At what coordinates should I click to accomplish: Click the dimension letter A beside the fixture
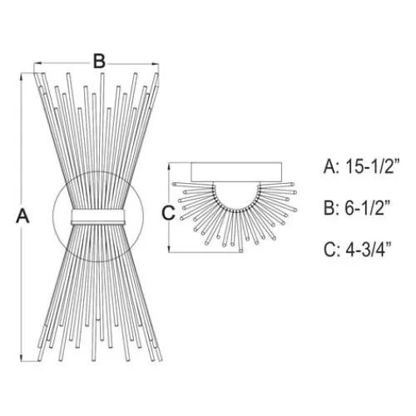[x=22, y=216]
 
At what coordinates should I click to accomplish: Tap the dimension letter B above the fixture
[x=99, y=62]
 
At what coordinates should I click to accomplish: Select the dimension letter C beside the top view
[x=168, y=213]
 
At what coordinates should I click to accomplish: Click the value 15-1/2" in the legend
[x=373, y=167]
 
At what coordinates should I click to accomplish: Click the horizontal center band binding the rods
[x=98, y=217]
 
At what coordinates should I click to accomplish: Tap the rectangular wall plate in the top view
[x=236, y=172]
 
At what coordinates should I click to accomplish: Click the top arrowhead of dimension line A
[x=22, y=77]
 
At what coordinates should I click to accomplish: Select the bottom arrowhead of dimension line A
[x=22, y=358]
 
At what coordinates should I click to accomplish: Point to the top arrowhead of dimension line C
[x=169, y=166]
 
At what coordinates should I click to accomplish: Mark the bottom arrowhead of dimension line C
[x=169, y=249]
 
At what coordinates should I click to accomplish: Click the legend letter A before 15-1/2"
[x=330, y=167]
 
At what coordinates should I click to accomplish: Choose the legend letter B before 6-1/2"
[x=330, y=208]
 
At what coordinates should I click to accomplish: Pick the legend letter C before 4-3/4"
[x=330, y=250]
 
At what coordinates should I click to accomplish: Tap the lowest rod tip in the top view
[x=241, y=250]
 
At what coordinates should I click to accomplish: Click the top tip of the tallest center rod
[x=102, y=74]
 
